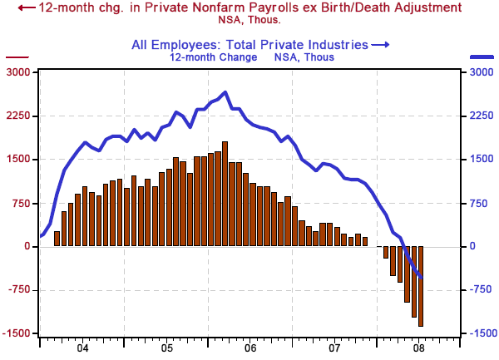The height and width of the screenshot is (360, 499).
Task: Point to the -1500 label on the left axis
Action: click(x=17, y=333)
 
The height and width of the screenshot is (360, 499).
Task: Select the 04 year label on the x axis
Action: click(x=82, y=349)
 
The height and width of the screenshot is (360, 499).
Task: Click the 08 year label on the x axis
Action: click(x=419, y=349)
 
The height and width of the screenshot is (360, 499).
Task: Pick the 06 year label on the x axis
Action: click(x=250, y=349)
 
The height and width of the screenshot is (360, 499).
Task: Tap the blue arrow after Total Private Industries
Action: click(x=380, y=45)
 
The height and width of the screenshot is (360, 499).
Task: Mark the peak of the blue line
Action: click(x=225, y=92)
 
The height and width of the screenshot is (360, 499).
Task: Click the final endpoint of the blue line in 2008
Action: click(x=422, y=278)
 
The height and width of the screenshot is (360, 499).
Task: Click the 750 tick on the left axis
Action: click(x=21, y=203)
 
